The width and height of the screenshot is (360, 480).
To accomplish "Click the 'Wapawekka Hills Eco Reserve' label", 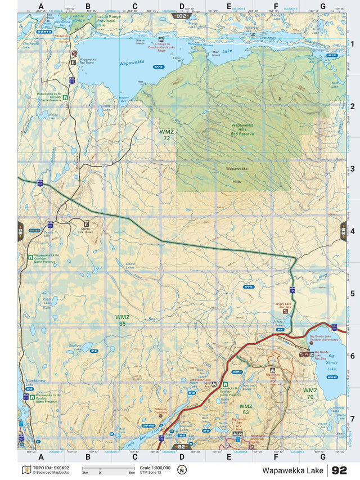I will (244, 130).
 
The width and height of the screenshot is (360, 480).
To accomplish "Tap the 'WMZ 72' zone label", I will (166, 134).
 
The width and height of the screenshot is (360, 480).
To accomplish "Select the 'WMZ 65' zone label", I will (121, 320).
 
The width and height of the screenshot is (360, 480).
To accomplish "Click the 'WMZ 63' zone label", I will (245, 409).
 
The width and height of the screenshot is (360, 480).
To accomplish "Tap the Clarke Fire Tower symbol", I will (87, 223).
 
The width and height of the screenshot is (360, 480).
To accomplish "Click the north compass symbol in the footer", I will (182, 469).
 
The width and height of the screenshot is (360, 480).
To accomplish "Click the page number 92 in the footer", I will (339, 470).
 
